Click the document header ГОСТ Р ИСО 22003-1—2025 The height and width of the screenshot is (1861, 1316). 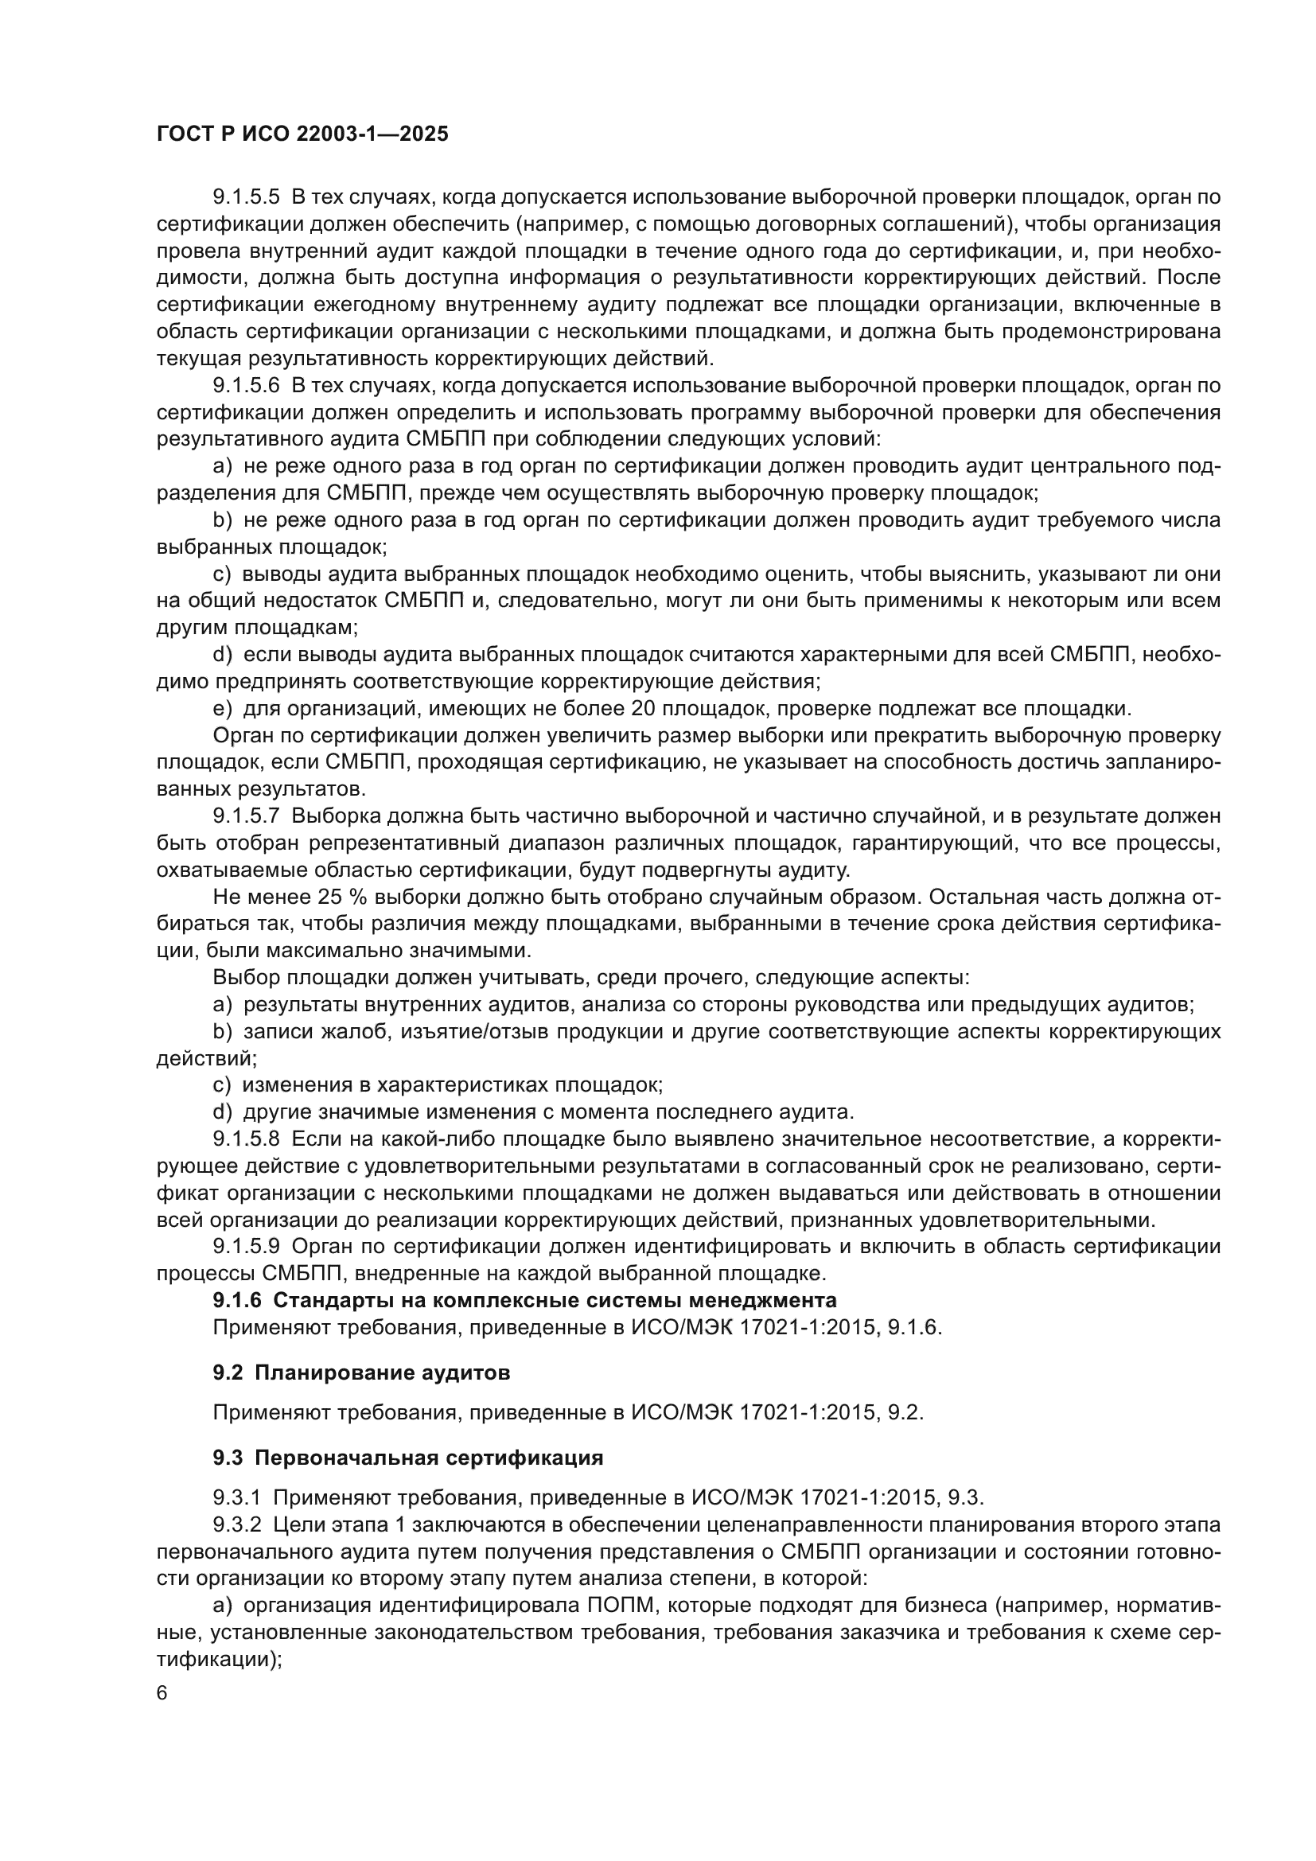click(x=302, y=134)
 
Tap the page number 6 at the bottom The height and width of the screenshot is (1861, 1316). click(x=162, y=1694)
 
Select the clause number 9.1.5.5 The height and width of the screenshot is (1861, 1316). click(x=246, y=197)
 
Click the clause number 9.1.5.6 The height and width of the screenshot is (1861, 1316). click(x=246, y=385)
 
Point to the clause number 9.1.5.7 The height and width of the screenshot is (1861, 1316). click(x=246, y=816)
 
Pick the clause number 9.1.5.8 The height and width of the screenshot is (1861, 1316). click(x=246, y=1139)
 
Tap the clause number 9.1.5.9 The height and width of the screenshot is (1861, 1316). click(x=246, y=1246)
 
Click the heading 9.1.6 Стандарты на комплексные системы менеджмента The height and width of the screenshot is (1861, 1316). click(x=524, y=1300)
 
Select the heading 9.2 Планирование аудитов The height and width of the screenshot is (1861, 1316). click(x=361, y=1372)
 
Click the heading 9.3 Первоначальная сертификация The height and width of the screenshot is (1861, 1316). click(x=407, y=1458)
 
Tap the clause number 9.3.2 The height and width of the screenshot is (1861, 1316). click(x=236, y=1524)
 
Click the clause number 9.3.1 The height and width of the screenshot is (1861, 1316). click(x=236, y=1497)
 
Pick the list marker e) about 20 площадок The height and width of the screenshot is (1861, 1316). click(x=222, y=708)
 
